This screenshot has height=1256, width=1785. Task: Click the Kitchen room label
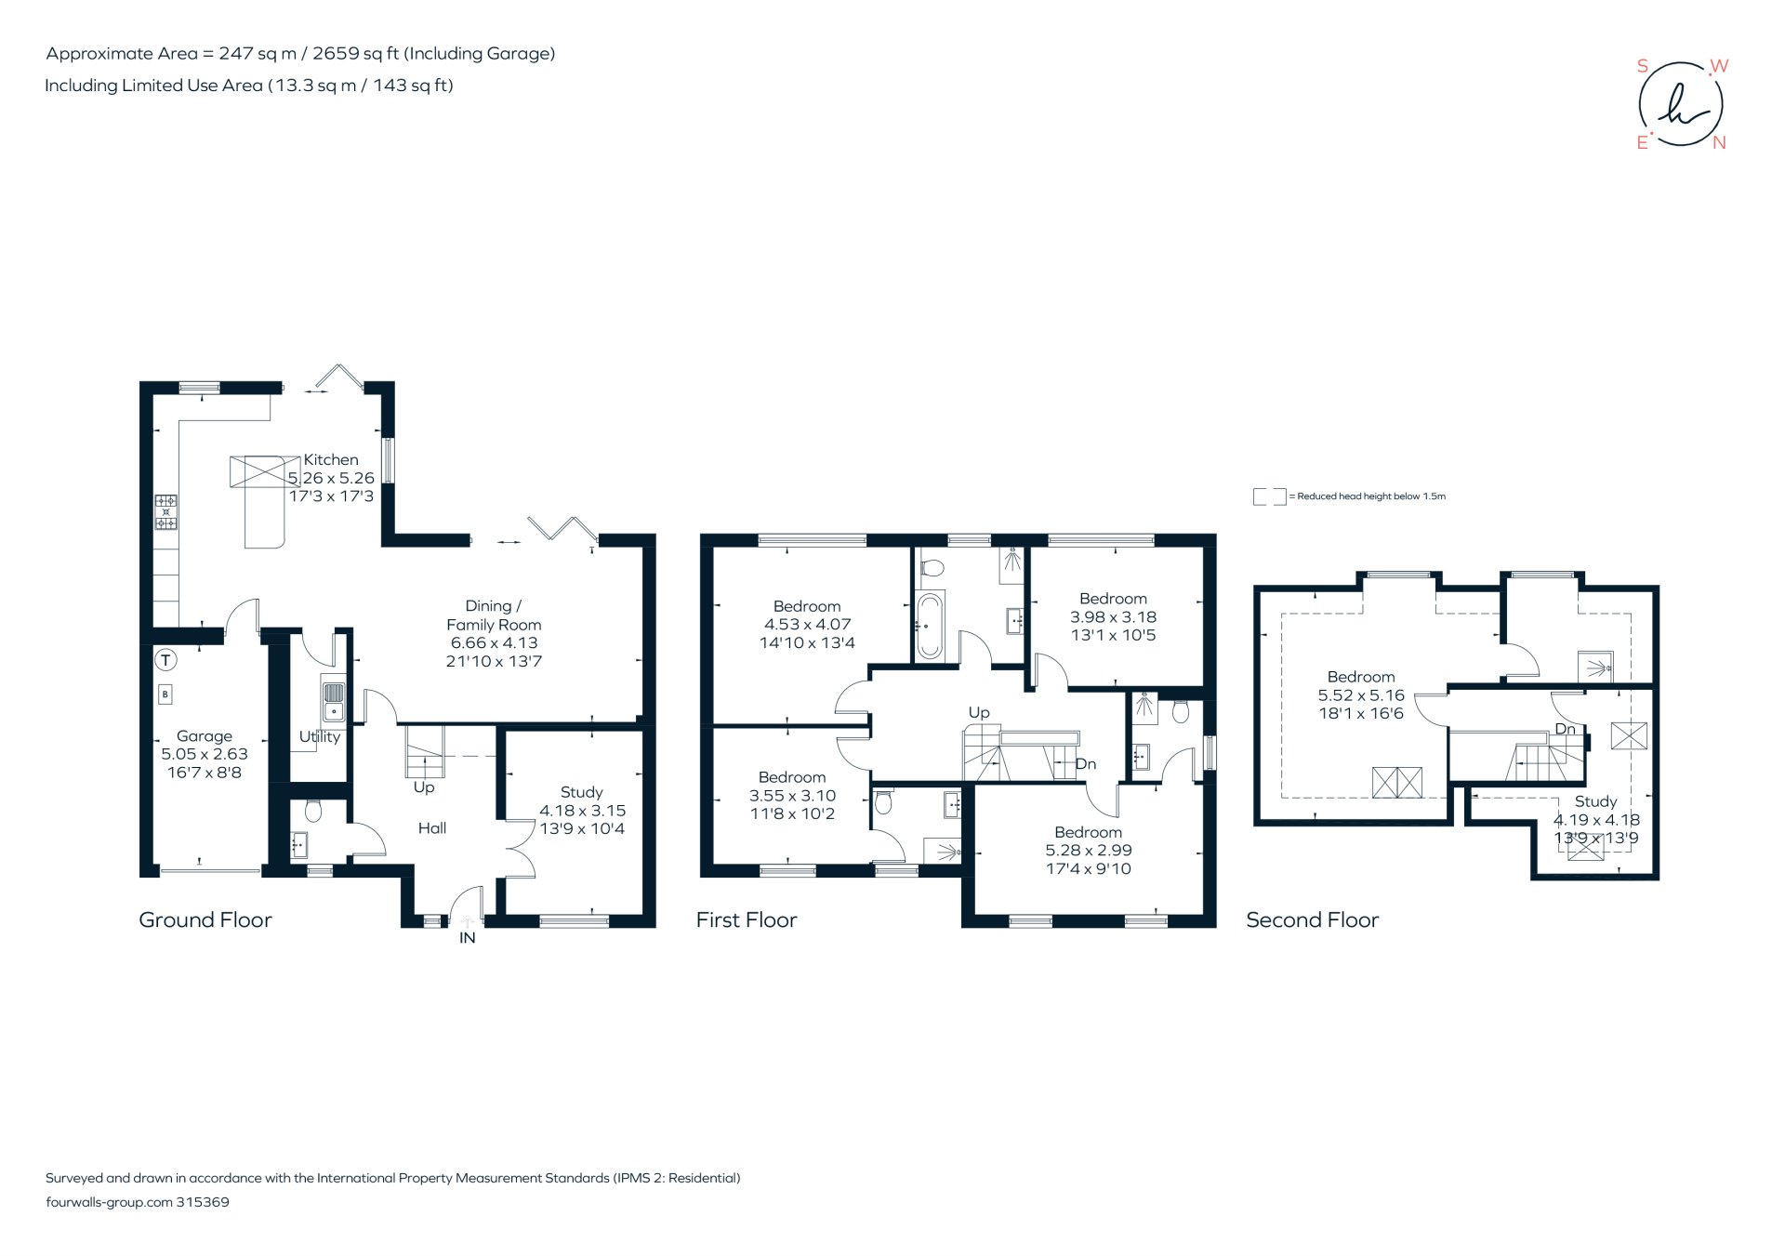pyautogui.click(x=330, y=459)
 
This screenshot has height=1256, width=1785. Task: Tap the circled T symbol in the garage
pyautogui.click(x=165, y=661)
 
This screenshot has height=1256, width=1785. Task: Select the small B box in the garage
pyautogui.click(x=165, y=694)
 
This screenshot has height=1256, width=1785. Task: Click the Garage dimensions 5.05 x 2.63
pyautogui.click(x=205, y=754)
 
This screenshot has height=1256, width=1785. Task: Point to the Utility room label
pyautogui.click(x=319, y=736)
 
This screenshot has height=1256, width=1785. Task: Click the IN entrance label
pyautogui.click(x=467, y=938)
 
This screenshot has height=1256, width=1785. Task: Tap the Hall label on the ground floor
pyautogui.click(x=431, y=828)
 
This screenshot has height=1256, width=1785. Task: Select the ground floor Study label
pyautogui.click(x=581, y=792)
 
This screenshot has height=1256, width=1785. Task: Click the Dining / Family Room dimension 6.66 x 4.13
pyautogui.click(x=494, y=642)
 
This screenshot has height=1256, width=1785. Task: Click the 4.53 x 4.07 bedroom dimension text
pyautogui.click(x=807, y=625)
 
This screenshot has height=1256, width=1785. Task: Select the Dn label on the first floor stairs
pyautogui.click(x=1085, y=764)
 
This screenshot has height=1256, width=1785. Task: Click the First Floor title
pyautogui.click(x=747, y=919)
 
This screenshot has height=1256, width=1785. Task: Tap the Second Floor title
pyautogui.click(x=1312, y=919)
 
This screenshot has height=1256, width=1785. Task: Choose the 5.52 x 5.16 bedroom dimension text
pyautogui.click(x=1360, y=695)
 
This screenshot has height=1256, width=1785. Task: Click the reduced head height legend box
pyautogui.click(x=1269, y=496)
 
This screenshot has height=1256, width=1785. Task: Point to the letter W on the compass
pyautogui.click(x=1719, y=66)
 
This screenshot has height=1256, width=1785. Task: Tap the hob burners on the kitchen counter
pyautogui.click(x=165, y=512)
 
